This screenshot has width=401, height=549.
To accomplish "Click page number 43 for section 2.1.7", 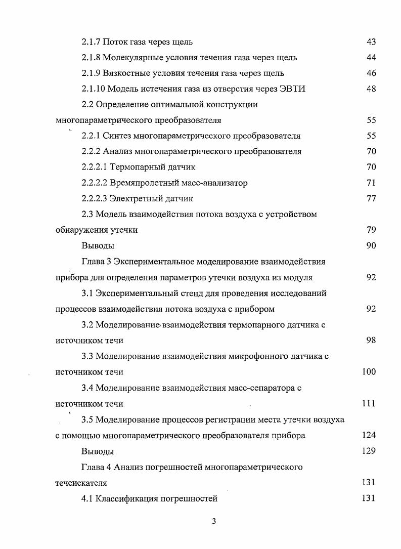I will (x=371, y=42).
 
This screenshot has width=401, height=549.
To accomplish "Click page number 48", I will (x=371, y=89).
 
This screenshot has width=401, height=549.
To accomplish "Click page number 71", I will (x=371, y=183).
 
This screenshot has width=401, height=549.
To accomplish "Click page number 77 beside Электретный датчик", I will (x=371, y=198).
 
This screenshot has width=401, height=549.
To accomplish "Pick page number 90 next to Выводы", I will (x=371, y=245).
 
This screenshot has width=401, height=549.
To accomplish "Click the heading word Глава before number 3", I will (x=94, y=262).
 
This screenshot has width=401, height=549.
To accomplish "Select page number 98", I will (x=371, y=340).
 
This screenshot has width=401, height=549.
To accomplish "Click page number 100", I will (x=369, y=372).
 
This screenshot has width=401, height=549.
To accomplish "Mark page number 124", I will (x=369, y=435).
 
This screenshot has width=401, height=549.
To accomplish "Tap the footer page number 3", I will (x=214, y=522).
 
